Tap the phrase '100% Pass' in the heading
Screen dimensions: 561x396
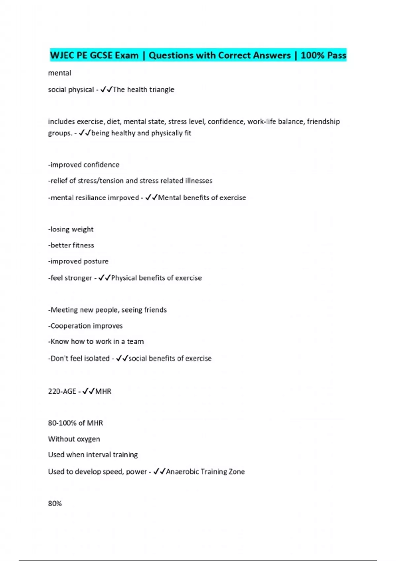323,55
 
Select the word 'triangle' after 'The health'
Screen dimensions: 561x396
162,90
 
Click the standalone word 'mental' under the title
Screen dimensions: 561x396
59,73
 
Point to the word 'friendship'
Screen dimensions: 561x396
323,122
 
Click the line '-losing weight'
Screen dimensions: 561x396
71,229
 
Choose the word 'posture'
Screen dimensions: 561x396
96,261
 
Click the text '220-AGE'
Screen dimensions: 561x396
62,391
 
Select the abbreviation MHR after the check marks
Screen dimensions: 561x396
103,391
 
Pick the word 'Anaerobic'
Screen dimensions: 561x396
183,472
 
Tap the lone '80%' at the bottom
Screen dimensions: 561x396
55,504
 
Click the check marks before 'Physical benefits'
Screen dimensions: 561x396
105,278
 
